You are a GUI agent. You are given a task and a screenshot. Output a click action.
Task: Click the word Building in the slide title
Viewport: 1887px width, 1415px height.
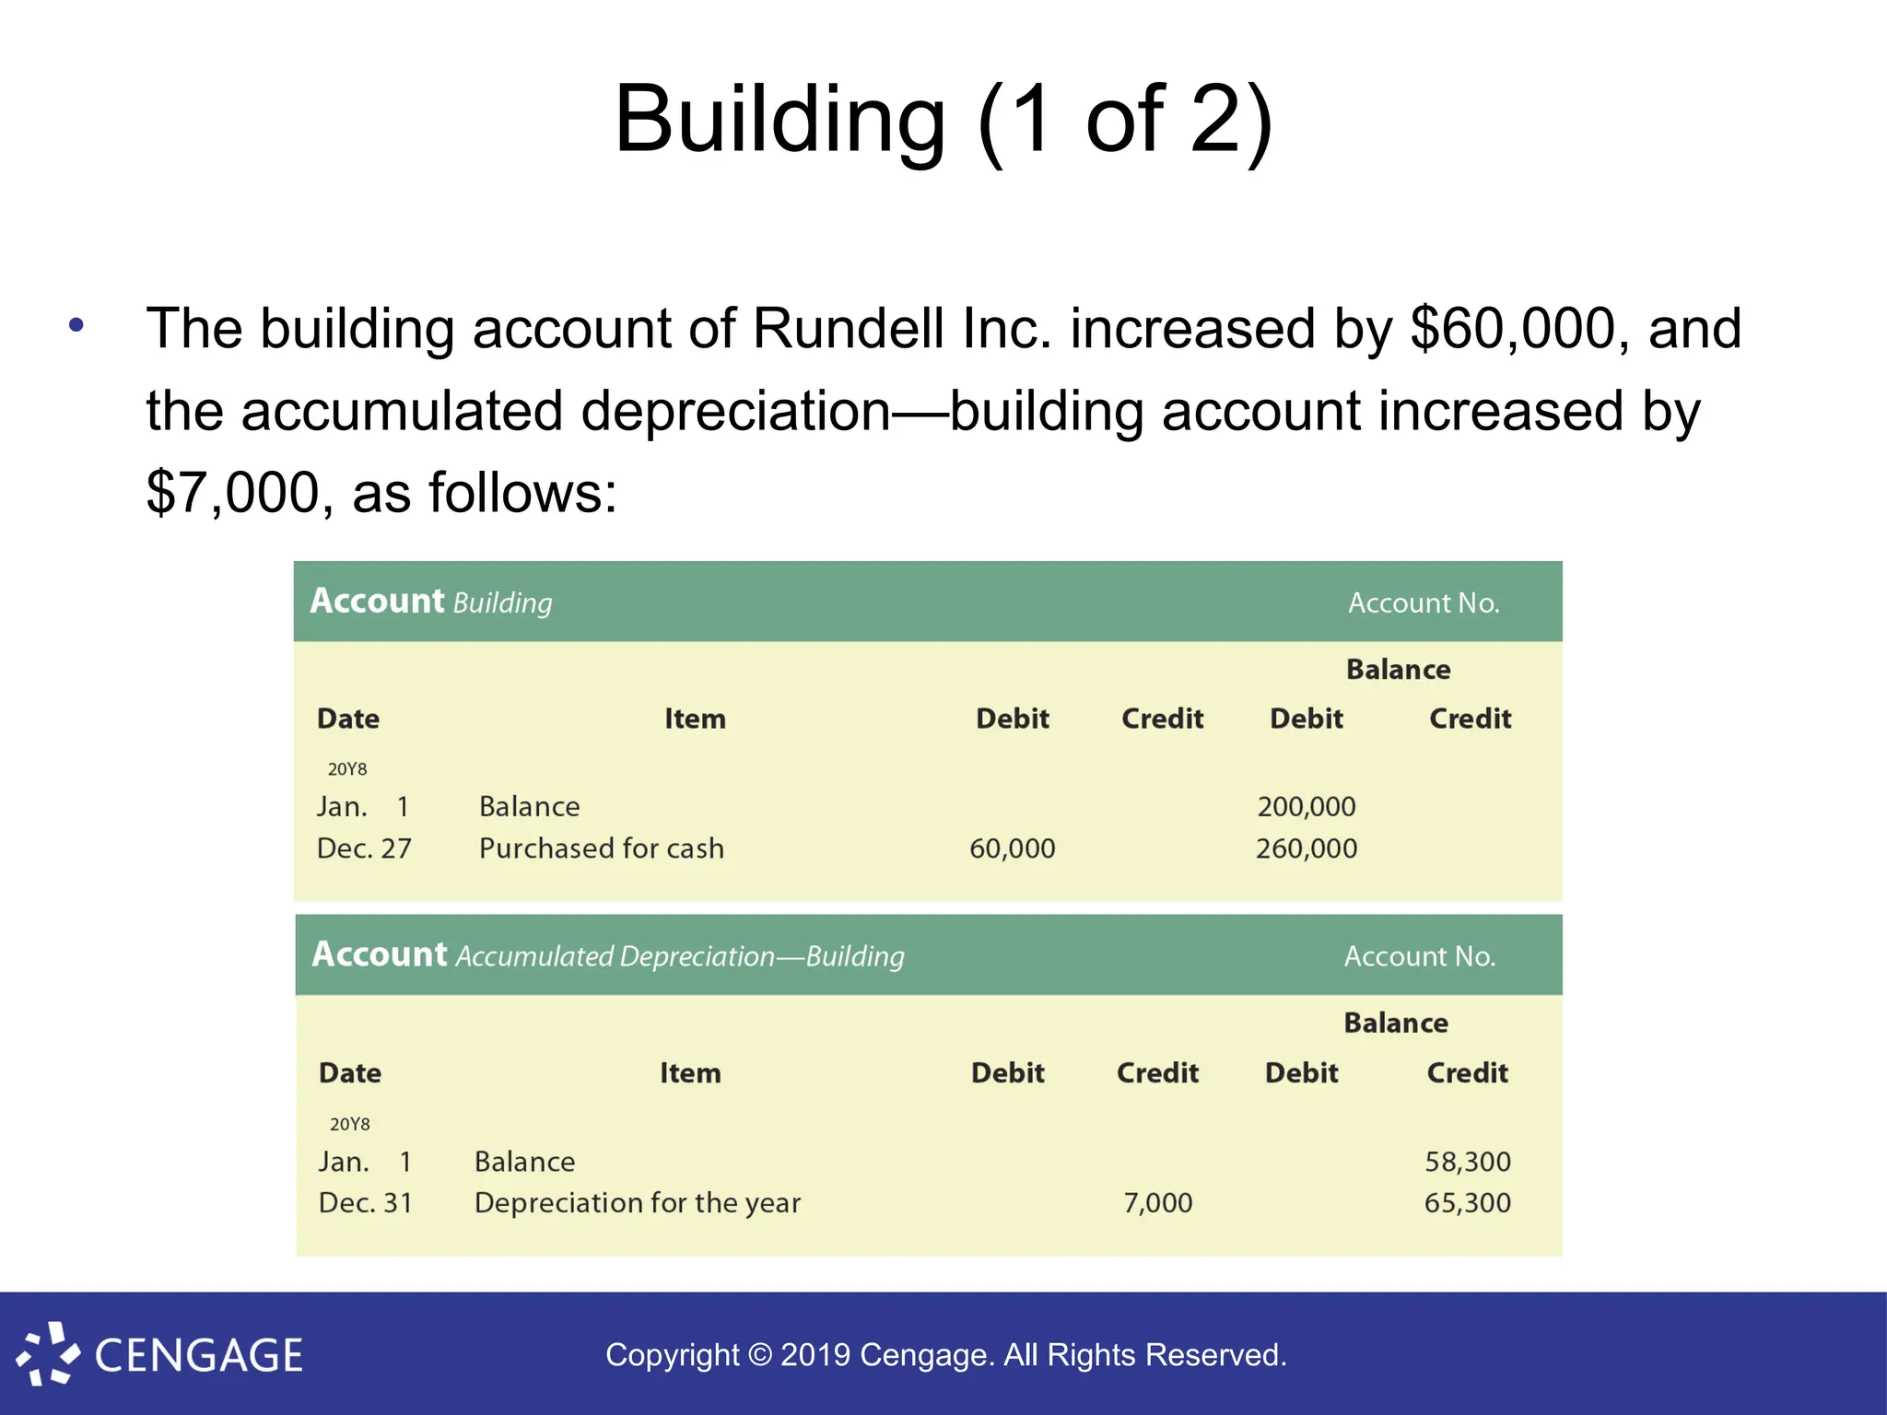click(x=779, y=120)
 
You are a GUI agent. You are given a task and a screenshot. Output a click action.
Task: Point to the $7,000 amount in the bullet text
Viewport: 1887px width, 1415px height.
click(x=232, y=493)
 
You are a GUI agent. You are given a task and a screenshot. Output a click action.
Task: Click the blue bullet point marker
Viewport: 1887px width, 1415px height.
click(x=76, y=324)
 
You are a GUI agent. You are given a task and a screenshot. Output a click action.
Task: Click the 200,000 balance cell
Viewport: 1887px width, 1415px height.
click(x=1306, y=807)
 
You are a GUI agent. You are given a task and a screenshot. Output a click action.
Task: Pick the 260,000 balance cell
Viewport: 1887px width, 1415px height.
click(x=1306, y=848)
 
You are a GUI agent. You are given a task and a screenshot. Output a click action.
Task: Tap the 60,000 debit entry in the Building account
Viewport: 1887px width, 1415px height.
click(x=1012, y=848)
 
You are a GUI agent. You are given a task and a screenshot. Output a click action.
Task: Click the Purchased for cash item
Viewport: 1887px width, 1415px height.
click(x=601, y=848)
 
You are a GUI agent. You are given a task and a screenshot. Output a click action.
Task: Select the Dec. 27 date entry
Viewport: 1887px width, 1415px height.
click(x=364, y=848)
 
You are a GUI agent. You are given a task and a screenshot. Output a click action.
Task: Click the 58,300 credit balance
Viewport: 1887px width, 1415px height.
click(x=1467, y=1162)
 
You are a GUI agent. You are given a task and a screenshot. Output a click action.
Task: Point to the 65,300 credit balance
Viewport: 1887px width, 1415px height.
click(x=1467, y=1203)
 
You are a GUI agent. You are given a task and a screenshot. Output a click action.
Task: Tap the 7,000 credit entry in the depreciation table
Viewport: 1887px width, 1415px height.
click(x=1157, y=1203)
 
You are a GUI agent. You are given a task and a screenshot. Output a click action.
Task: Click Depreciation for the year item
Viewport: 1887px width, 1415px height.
click(x=637, y=1203)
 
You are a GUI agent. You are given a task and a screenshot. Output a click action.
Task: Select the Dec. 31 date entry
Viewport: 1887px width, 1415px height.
click(x=365, y=1203)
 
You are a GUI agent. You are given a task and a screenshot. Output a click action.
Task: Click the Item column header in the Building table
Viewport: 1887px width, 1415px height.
click(x=695, y=719)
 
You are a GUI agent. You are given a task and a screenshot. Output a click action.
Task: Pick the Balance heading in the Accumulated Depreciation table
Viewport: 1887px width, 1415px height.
click(x=1395, y=1023)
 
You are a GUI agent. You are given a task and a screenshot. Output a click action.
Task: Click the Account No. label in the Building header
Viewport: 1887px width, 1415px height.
click(x=1424, y=603)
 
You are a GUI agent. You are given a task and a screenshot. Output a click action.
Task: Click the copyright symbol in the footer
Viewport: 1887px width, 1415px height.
click(x=759, y=1355)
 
